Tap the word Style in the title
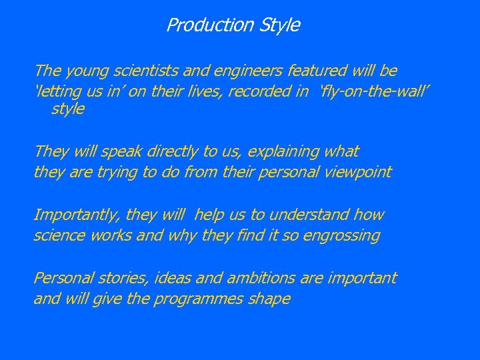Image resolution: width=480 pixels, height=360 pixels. pos(279,25)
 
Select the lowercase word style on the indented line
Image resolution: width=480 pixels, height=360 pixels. pos(68,109)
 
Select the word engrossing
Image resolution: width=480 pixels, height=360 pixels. pos(341,235)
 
